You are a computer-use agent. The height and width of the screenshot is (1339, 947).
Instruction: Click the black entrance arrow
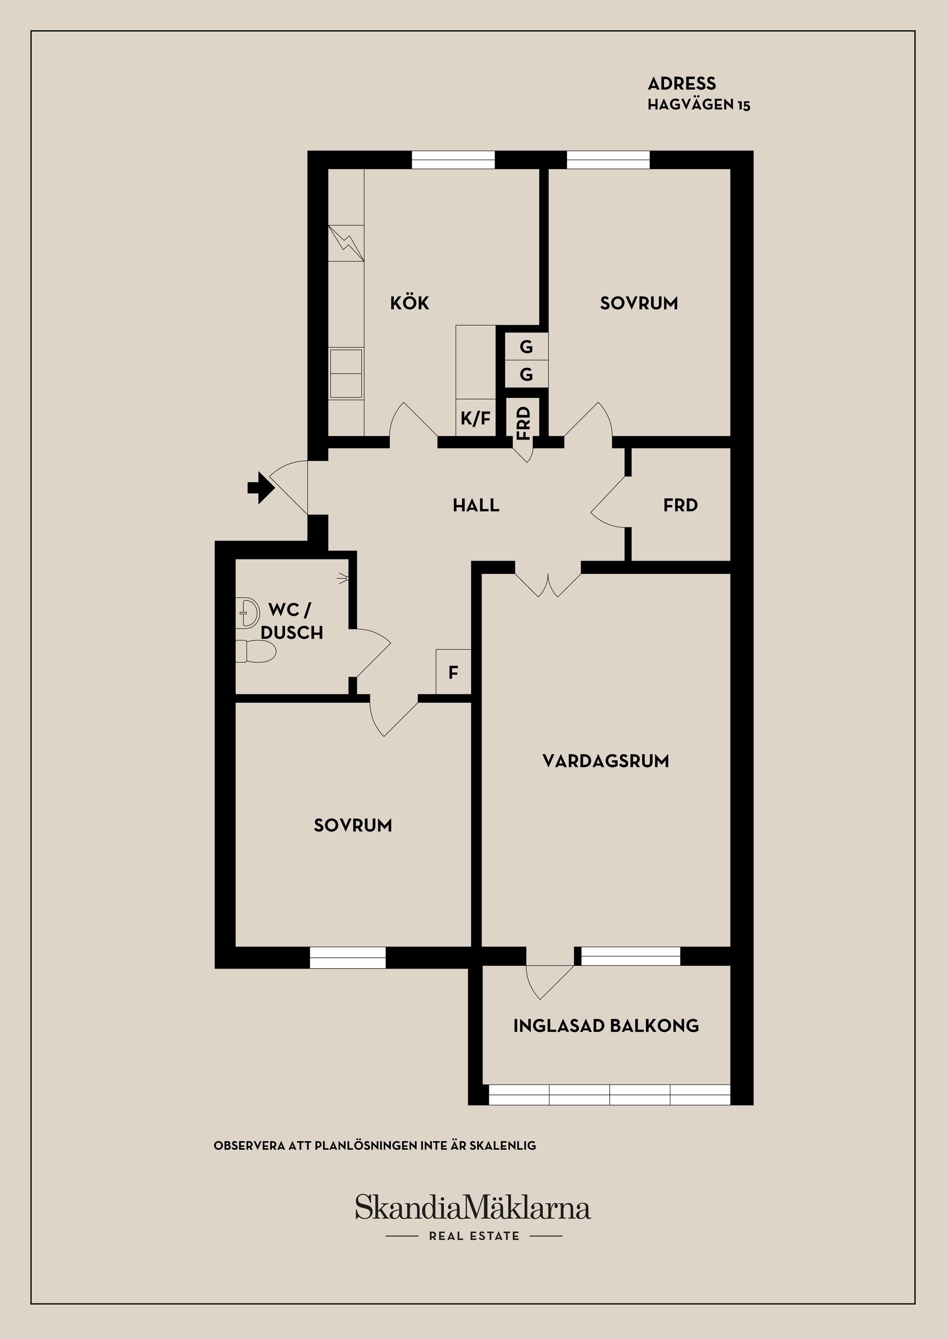[260, 488]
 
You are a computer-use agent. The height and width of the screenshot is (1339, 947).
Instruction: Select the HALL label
[476, 505]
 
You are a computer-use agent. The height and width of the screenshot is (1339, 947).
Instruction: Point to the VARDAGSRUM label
[605, 761]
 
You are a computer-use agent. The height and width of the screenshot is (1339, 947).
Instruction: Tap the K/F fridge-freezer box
[475, 418]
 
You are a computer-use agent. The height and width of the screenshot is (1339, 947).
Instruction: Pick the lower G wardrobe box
[526, 374]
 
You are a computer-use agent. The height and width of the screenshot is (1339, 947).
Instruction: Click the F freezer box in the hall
[453, 672]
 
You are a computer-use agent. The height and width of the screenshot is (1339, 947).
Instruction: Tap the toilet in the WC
[255, 651]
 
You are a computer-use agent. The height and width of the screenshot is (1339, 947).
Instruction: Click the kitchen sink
[346, 374]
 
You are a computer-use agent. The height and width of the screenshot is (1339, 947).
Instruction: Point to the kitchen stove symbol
[346, 243]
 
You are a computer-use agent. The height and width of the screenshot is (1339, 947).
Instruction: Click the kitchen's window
[453, 160]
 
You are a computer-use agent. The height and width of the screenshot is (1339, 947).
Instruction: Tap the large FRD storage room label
[681, 505]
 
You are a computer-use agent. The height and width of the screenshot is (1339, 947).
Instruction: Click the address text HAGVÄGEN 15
[698, 105]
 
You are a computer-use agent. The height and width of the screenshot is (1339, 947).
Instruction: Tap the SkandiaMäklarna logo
[473, 1207]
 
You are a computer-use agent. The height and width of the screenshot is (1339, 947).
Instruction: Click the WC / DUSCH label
[291, 621]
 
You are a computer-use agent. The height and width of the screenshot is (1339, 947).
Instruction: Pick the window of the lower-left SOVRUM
[348, 958]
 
